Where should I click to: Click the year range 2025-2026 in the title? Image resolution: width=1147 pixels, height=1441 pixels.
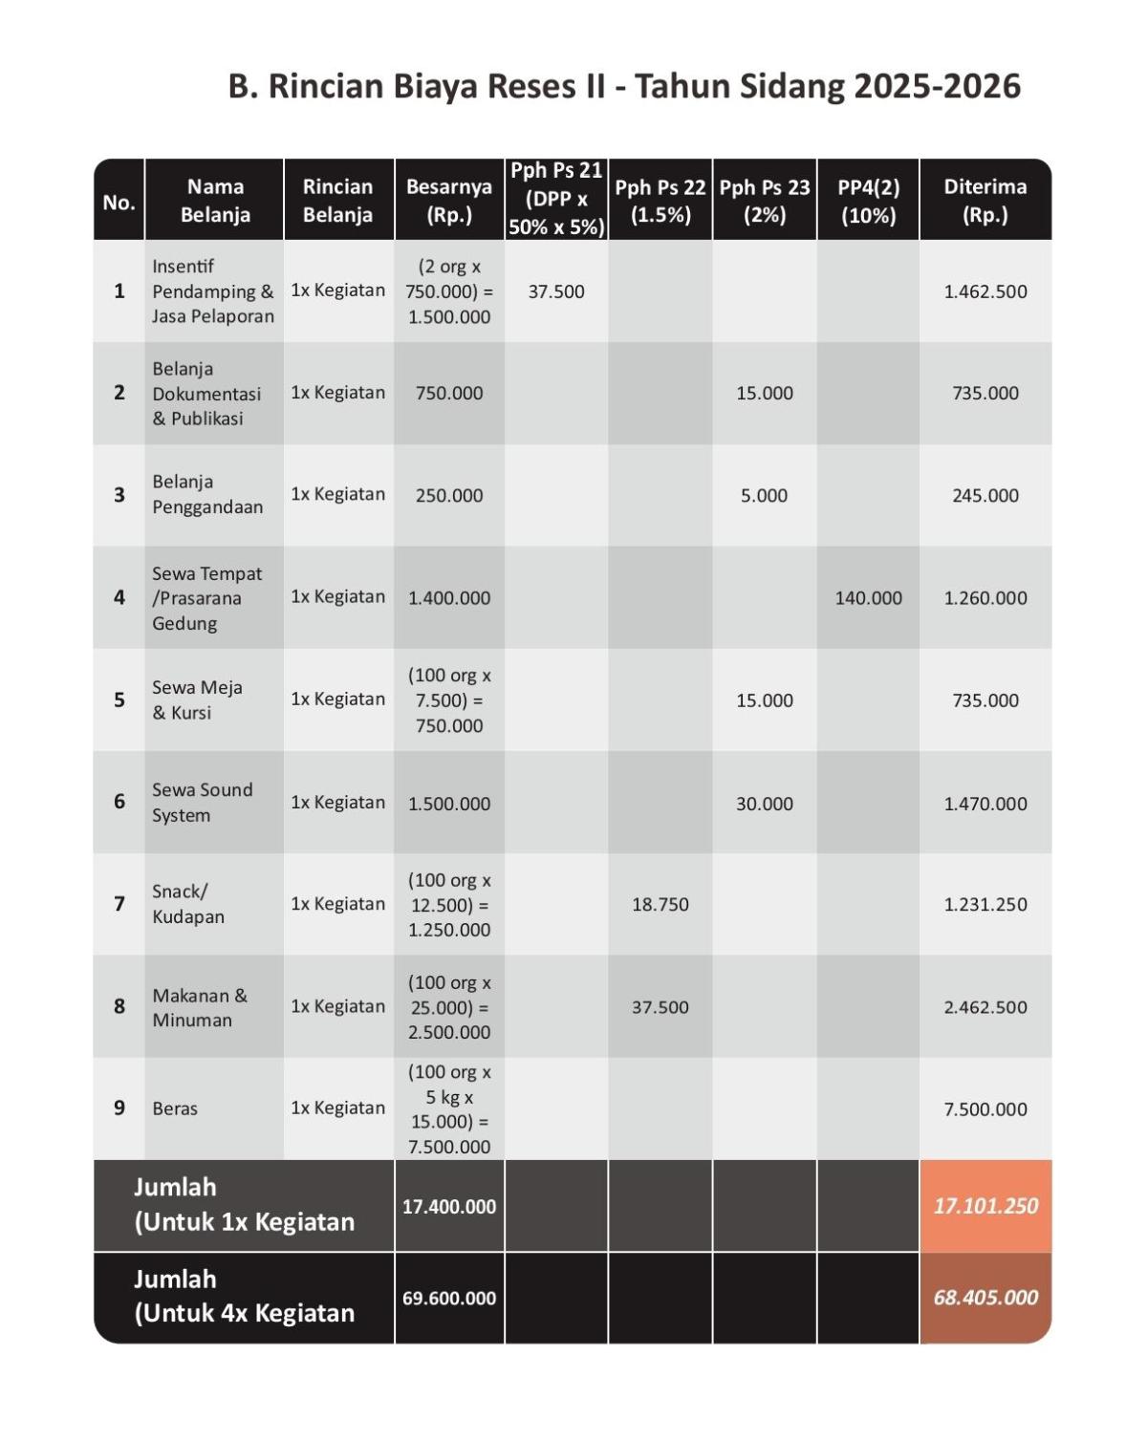pos(937,87)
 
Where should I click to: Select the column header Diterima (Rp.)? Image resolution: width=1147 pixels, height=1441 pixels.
pos(985,201)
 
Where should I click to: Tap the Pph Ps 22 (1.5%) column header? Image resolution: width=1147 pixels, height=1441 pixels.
pos(660,201)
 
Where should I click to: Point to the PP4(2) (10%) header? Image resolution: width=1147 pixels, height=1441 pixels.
pos(868,201)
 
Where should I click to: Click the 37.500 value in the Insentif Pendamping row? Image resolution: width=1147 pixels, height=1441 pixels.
pos(555,291)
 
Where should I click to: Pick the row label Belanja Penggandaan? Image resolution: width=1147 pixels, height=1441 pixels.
pos(207,494)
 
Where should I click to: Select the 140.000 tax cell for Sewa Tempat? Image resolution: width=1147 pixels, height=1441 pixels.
pos(868,598)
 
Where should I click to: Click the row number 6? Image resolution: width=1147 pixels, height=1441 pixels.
pos(119,802)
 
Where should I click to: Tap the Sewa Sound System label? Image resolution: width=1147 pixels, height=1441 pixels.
pos(202,802)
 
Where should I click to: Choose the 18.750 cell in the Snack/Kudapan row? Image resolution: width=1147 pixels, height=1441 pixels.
pos(660,904)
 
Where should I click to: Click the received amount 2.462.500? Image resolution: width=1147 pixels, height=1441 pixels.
pos(985,1007)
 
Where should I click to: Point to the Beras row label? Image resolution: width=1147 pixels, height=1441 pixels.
pos(175,1108)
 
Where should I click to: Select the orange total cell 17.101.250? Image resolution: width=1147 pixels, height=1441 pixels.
pos(985,1206)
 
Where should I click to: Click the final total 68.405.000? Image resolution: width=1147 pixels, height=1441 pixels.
pos(985,1298)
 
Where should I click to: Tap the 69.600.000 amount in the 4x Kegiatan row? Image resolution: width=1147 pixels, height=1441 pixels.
pos(448,1299)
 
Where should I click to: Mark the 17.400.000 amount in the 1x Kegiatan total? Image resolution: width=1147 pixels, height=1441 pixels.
pos(448,1207)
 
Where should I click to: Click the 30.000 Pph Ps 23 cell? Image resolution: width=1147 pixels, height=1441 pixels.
pos(764,804)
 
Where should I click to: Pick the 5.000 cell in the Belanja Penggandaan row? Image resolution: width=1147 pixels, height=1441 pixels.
pos(764,496)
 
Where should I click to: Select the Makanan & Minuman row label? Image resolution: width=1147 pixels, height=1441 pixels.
pos(199,1007)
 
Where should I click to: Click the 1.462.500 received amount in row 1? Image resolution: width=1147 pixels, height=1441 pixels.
pos(985,291)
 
